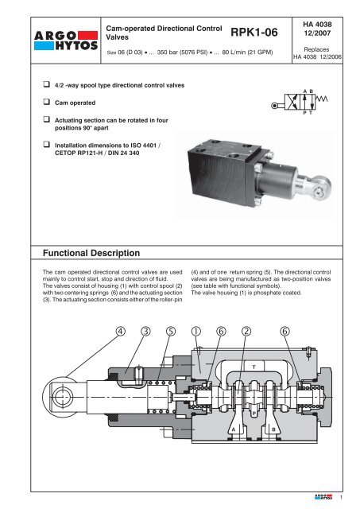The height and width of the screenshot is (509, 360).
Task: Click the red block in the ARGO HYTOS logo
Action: click(87, 35)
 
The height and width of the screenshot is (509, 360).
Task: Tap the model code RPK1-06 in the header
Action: click(254, 32)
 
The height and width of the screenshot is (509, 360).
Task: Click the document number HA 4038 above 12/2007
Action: click(317, 25)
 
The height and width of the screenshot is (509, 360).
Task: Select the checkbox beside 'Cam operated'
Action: click(47, 102)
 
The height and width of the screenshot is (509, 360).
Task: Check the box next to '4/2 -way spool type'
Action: click(47, 84)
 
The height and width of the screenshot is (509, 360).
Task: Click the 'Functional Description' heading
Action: click(91, 253)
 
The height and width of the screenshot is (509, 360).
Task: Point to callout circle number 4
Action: click(120, 331)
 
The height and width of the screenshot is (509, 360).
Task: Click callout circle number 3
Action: click(145, 331)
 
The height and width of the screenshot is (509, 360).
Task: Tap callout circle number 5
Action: click(171, 331)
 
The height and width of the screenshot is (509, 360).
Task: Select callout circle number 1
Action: click(195, 331)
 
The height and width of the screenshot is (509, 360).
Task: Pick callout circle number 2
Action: click(246, 331)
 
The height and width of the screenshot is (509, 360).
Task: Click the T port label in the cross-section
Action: click(254, 367)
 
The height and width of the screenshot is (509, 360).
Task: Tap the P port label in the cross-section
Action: click(254, 414)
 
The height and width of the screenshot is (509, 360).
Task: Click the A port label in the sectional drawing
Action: click(234, 429)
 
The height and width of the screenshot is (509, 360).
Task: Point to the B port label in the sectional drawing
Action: click(273, 429)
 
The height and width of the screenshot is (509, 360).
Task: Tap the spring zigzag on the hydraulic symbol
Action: click(322, 99)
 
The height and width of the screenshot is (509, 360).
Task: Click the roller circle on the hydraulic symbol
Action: click(274, 106)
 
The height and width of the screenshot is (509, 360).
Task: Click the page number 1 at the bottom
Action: click(341, 497)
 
